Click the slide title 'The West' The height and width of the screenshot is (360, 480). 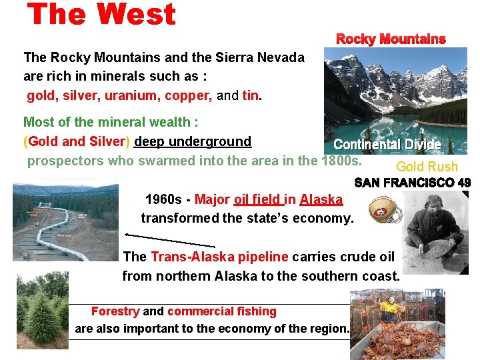click(x=102, y=15)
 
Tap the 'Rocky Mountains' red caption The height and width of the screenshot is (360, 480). click(x=391, y=39)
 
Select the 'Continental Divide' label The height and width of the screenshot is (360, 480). click(x=387, y=145)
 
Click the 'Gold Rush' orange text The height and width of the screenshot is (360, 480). click(x=427, y=167)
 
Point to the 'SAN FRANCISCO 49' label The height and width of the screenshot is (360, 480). click(x=412, y=182)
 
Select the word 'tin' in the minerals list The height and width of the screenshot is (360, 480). click(x=250, y=95)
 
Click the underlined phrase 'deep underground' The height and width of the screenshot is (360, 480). click(x=193, y=141)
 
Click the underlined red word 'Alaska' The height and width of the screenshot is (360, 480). click(x=321, y=199)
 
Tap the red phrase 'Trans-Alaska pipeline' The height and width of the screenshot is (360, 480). click(x=219, y=257)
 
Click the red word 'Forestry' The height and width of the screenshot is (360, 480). click(x=115, y=311)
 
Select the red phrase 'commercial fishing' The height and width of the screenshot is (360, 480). click(x=221, y=311)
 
